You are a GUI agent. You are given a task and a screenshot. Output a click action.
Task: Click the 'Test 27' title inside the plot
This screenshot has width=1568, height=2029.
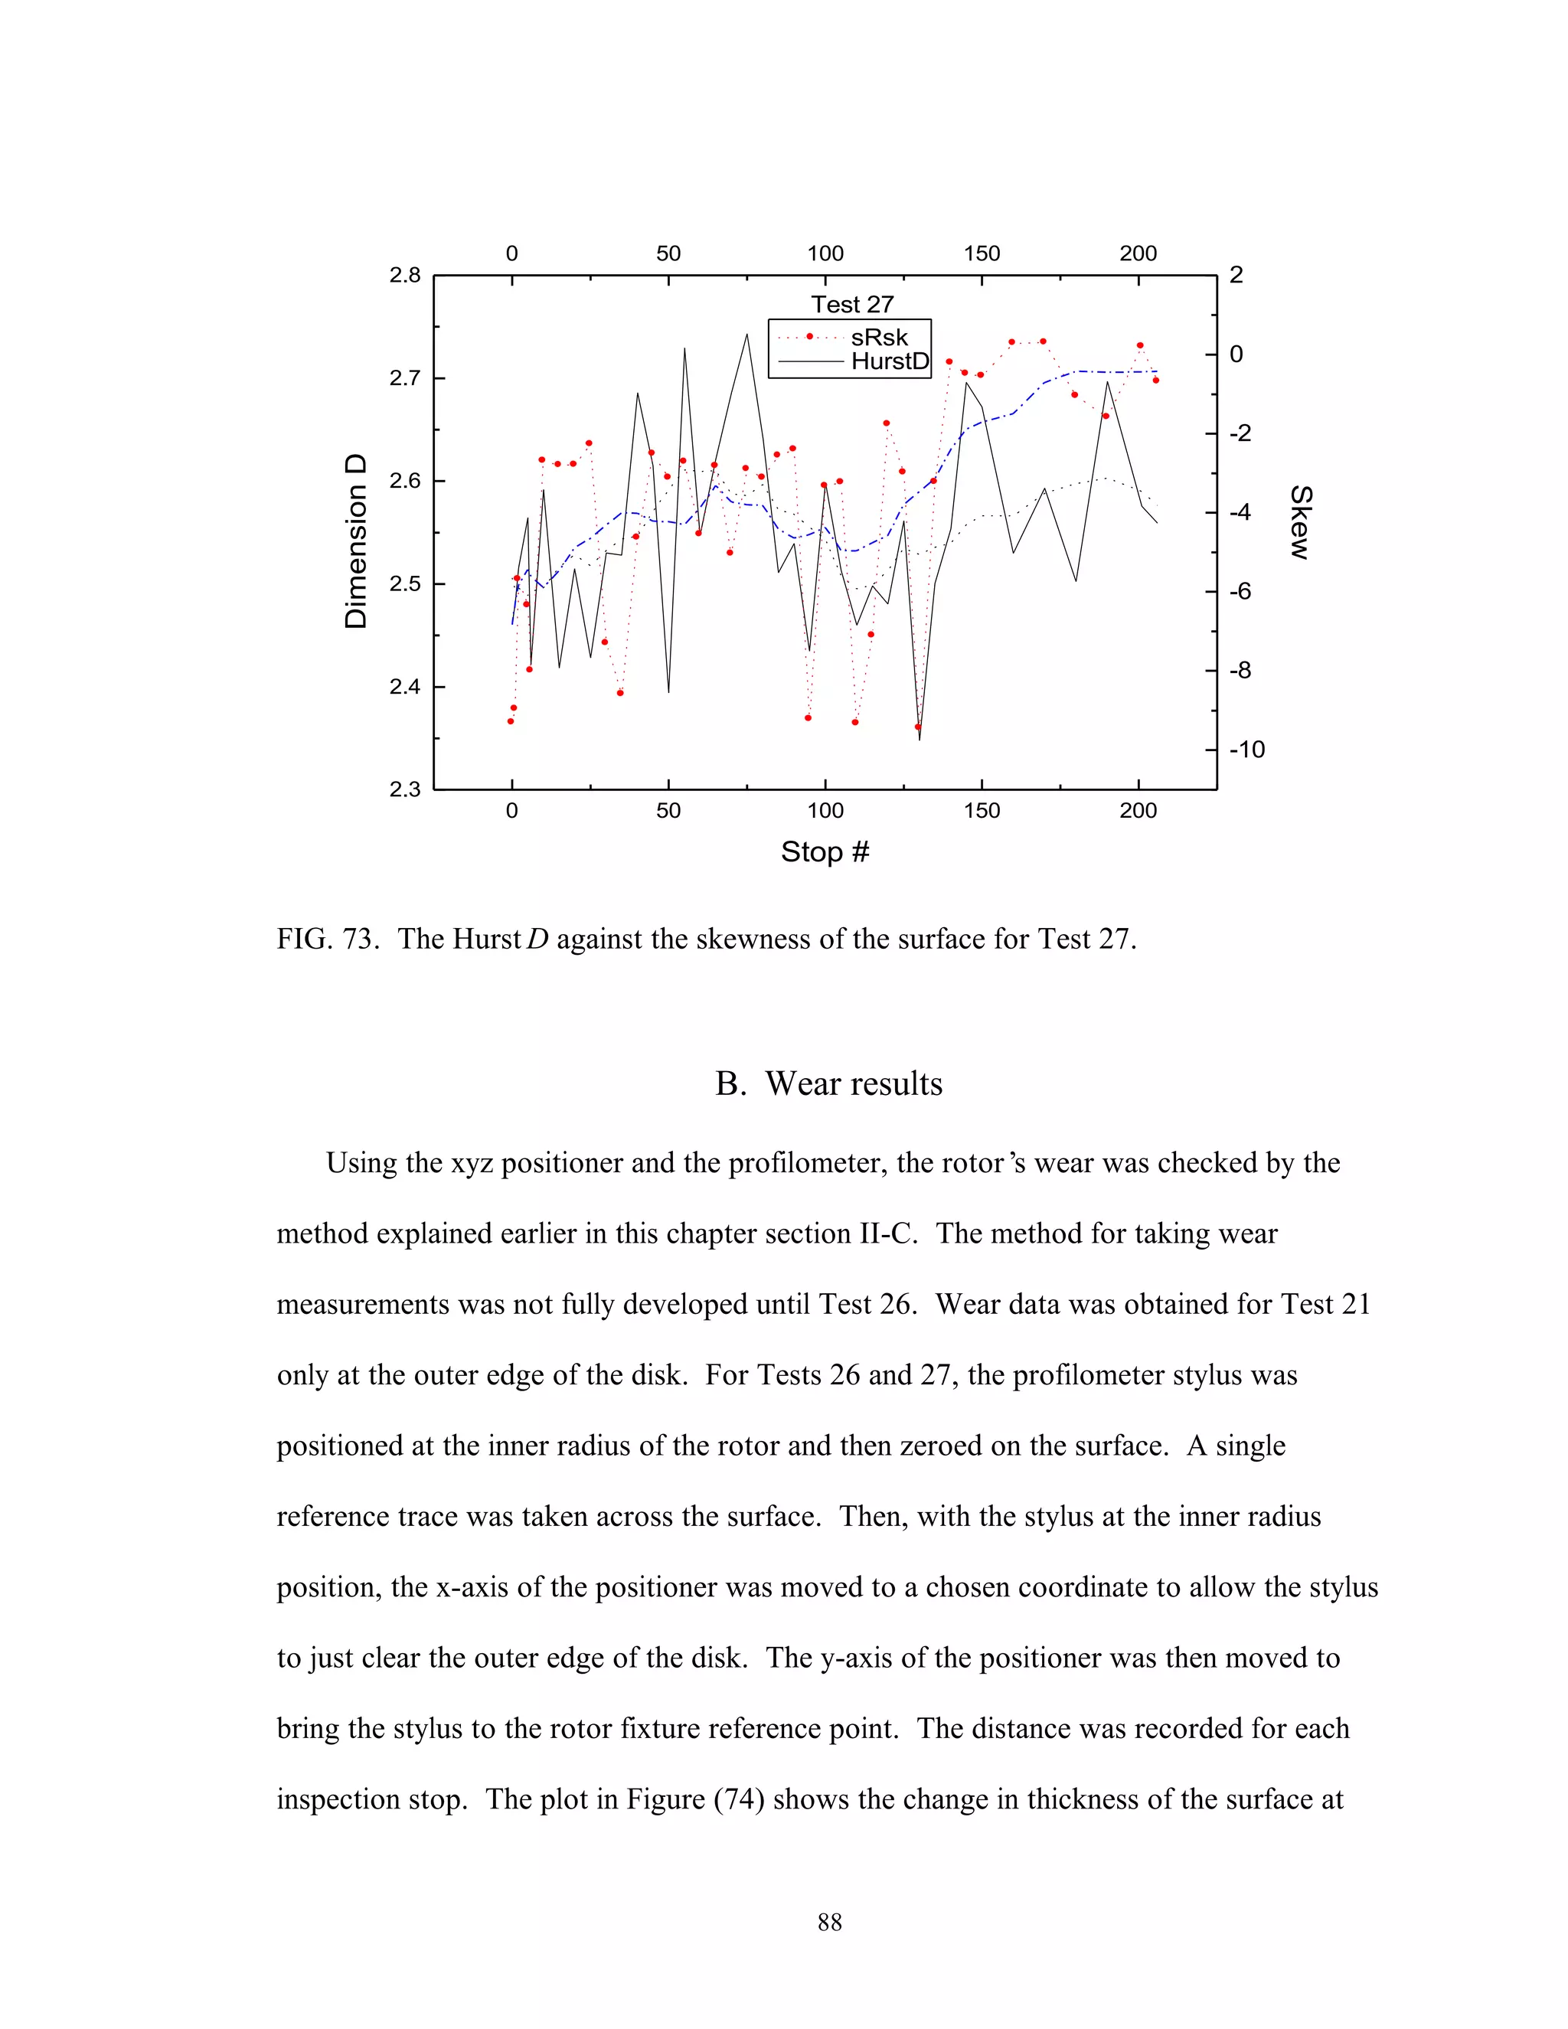click(852, 305)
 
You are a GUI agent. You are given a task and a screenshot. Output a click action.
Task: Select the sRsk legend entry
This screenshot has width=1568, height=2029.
click(878, 337)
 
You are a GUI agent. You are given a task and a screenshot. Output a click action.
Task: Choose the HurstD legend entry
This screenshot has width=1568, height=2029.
click(889, 361)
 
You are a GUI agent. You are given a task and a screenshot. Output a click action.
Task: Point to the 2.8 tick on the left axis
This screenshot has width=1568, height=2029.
click(405, 275)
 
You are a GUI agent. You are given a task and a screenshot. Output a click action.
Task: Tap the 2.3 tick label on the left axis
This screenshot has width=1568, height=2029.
click(405, 789)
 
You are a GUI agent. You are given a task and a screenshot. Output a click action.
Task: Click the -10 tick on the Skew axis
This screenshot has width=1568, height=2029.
click(1246, 750)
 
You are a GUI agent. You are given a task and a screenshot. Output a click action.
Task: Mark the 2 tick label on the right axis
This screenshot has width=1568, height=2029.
click(1236, 275)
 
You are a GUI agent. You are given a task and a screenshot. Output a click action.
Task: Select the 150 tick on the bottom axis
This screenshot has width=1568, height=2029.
click(982, 810)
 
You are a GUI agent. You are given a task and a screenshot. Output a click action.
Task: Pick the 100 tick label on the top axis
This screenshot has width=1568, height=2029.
click(825, 253)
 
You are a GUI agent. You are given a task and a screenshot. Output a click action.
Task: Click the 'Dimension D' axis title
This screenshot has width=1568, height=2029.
click(356, 541)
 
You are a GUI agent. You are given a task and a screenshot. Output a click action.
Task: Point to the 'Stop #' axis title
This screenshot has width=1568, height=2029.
click(825, 852)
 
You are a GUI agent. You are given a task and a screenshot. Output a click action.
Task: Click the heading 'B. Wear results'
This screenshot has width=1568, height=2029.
click(828, 1083)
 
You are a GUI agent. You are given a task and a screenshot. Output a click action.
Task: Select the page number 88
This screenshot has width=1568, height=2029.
click(829, 1922)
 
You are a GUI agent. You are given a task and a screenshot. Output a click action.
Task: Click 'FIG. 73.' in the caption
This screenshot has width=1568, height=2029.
click(328, 939)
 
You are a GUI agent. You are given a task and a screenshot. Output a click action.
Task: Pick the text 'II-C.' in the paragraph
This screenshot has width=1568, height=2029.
click(883, 1233)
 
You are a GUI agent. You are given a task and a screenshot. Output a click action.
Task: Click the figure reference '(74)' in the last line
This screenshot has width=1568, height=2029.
click(739, 1799)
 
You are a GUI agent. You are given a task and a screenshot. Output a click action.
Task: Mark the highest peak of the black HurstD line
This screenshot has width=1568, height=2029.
click(746, 335)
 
